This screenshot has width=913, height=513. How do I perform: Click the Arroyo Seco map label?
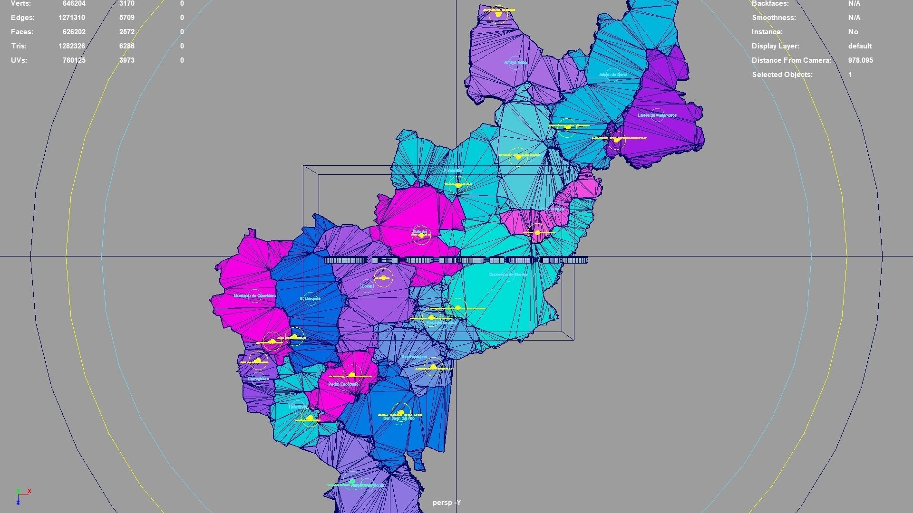pos(515,62)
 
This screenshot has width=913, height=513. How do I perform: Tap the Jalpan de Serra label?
pos(612,75)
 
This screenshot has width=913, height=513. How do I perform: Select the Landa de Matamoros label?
pos(657,115)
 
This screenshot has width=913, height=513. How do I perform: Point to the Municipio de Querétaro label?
pos(254,295)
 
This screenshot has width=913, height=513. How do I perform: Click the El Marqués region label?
pos(310,298)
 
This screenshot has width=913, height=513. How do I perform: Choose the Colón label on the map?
pos(367,286)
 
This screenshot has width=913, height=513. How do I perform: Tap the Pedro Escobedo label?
pos(343,384)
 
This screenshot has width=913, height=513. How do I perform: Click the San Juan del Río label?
pos(399,418)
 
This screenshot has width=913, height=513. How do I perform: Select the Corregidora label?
pos(258,379)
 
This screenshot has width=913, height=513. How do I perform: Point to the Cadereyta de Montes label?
pos(508,274)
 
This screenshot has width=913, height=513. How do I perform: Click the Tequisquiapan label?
pos(414,356)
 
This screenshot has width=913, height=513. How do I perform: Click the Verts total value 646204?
pos(74,4)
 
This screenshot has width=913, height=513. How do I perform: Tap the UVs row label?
pos(19,60)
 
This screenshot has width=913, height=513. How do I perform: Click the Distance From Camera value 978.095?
pos(860,60)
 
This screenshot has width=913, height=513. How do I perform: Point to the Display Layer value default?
pos(860,46)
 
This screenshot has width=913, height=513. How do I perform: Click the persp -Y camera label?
pos(447,503)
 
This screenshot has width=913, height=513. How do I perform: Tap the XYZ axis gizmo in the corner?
pos(22,495)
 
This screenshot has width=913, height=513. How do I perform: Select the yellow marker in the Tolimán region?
pos(421,235)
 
